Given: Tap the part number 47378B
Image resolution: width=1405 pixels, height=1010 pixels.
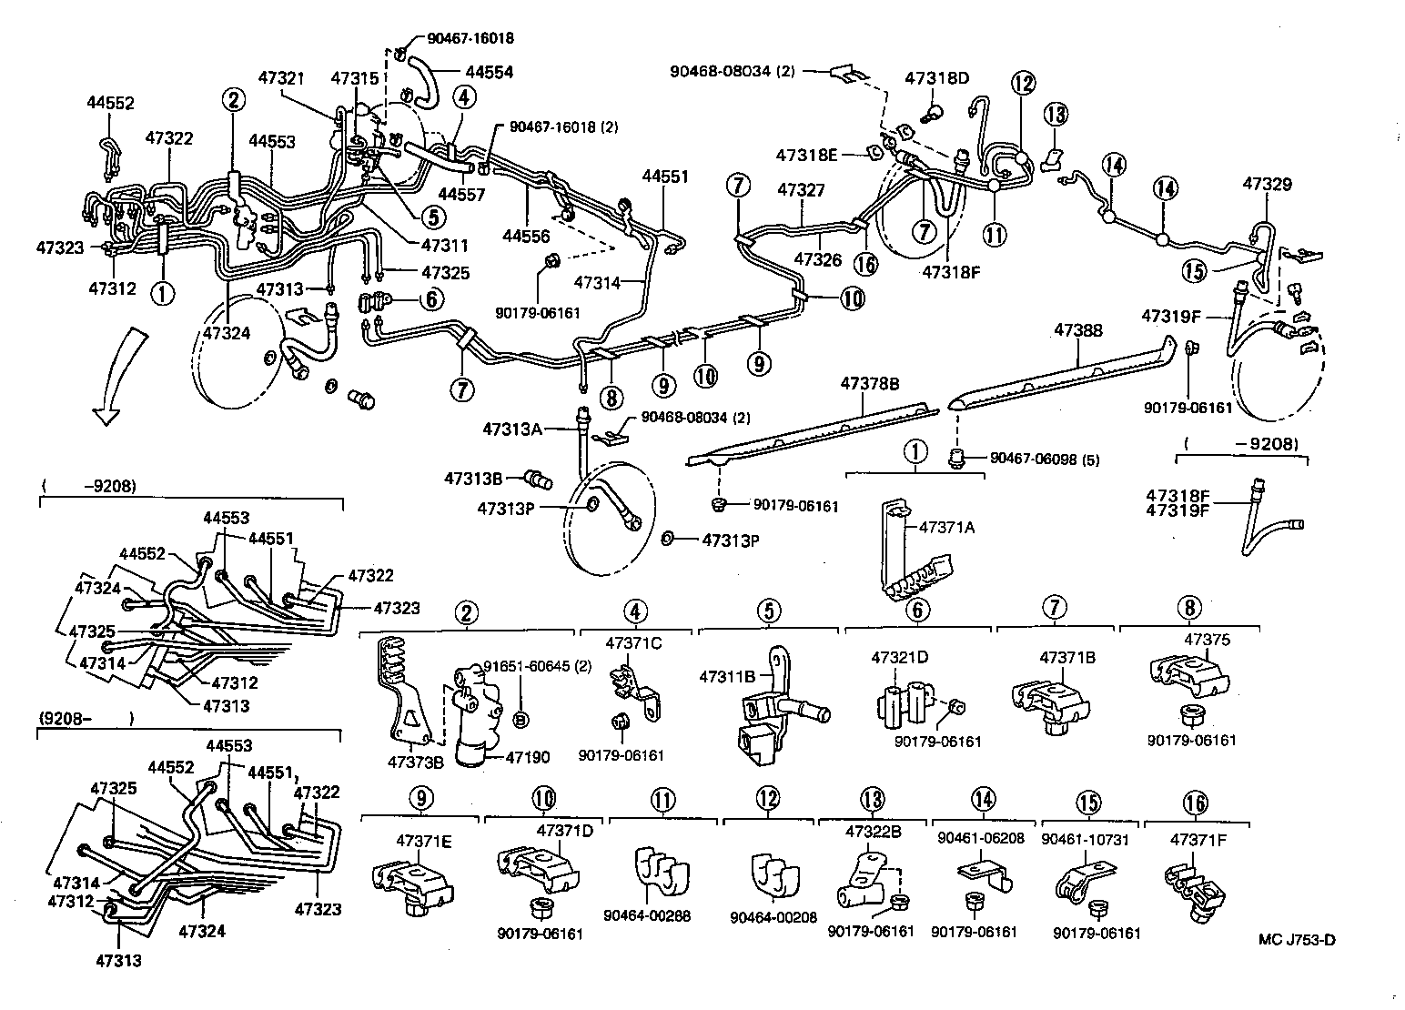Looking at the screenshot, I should [870, 385].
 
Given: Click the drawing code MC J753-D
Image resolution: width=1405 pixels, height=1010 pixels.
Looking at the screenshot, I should [1297, 940].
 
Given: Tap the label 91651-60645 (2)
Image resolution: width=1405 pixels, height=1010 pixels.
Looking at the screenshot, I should [537, 666].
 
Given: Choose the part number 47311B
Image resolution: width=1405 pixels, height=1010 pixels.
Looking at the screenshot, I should [727, 676].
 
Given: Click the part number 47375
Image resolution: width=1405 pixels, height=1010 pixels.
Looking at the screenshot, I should [1208, 640].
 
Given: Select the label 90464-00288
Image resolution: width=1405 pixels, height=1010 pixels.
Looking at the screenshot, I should [646, 915].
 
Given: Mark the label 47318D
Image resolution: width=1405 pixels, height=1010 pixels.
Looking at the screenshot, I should [936, 78].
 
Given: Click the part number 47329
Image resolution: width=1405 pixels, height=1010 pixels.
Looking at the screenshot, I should [1267, 185].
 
